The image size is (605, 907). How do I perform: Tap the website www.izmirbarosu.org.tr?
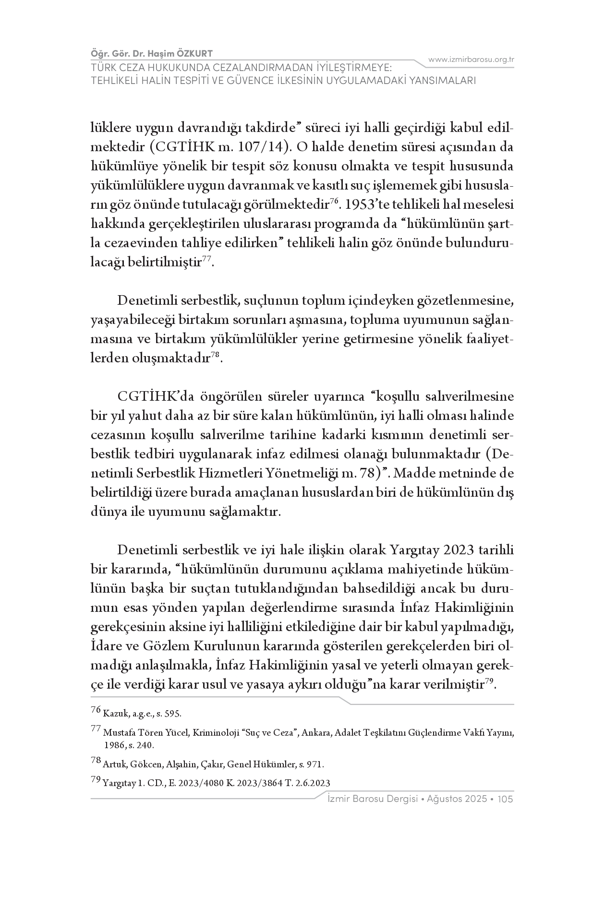tap(471, 60)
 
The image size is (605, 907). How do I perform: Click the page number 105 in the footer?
tap(506, 799)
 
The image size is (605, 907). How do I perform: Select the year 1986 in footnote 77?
tap(114, 746)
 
